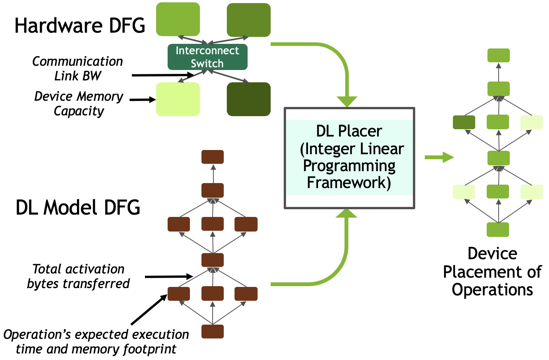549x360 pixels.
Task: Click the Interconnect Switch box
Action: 207,57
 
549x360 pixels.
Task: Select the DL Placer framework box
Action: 349,158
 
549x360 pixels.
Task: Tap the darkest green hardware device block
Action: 248,99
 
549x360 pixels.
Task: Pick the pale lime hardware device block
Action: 178,99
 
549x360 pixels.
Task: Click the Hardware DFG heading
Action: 80,26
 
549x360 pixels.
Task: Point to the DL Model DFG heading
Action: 78,207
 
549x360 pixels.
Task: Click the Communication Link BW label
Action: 78,68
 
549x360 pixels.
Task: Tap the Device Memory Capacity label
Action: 79,103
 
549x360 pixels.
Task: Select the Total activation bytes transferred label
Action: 78,276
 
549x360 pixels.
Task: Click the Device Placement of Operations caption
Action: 492,272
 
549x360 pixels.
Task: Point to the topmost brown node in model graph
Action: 213,157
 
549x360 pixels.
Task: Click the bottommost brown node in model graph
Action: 213,332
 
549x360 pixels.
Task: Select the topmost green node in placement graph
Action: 499,55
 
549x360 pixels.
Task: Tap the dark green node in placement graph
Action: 464,122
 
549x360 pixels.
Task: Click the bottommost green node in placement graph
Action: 498,230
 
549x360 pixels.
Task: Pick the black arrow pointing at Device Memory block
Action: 142,100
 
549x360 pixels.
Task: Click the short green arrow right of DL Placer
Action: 439,157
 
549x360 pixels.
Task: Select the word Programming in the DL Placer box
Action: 349,166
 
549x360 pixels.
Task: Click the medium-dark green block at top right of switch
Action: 248,20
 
